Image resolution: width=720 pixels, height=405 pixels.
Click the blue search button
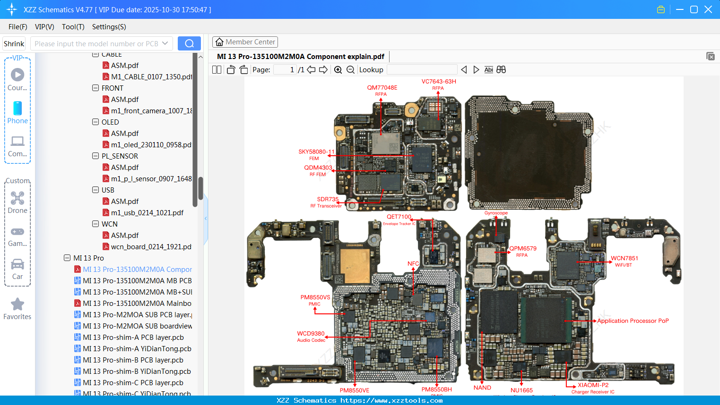pos(189,43)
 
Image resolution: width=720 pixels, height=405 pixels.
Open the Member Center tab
pos(245,42)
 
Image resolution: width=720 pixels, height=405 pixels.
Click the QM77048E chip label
pos(382,88)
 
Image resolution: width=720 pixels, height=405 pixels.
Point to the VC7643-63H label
pos(439,82)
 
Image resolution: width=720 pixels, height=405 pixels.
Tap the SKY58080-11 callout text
pos(316,152)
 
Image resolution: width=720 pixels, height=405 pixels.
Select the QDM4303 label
pos(318,168)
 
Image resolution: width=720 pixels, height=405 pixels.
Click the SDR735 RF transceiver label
pos(328,199)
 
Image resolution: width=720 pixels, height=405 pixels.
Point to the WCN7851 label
pos(624,258)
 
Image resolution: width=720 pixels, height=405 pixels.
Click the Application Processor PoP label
pos(633,321)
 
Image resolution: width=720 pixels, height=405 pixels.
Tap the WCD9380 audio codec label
pos(311,334)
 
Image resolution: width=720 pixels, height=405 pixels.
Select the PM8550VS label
pos(315,297)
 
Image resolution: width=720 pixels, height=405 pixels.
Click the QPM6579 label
pos(522,249)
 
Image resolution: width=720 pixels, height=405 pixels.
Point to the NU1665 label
pos(521,390)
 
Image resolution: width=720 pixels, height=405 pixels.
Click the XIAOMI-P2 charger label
pos(593,385)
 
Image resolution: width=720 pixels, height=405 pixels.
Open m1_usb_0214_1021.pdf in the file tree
pos(147,213)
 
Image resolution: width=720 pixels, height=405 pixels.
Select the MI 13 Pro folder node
pos(88,258)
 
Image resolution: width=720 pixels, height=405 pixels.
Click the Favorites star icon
pos(17,304)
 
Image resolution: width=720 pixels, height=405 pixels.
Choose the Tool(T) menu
pos(73,27)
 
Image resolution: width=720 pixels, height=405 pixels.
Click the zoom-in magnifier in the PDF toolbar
pos(338,70)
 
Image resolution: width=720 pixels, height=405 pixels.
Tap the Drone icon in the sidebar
pos(17,198)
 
